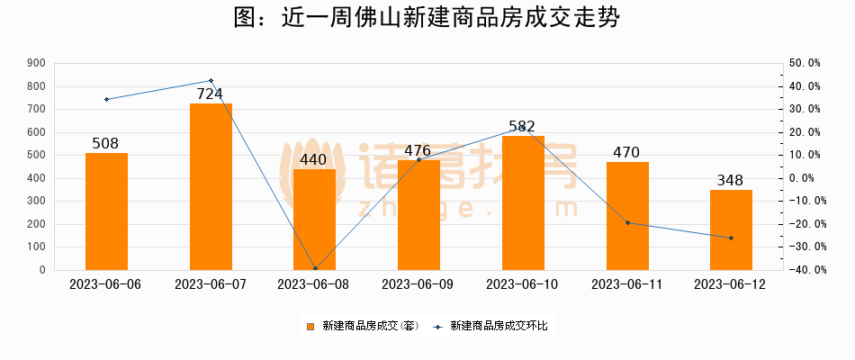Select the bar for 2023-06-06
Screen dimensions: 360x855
106,211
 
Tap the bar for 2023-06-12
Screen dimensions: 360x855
731,229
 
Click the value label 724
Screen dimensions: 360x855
210,94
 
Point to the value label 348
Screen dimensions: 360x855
731,180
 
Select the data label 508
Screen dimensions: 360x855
105,143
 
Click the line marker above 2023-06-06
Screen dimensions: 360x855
106,99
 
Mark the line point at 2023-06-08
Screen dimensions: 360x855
315,268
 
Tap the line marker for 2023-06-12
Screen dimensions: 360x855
731,238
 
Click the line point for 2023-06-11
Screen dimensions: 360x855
627,222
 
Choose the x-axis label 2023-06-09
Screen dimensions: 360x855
418,284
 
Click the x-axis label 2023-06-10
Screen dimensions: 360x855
523,284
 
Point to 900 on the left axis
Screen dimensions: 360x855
37,64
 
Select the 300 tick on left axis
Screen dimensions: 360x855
37,202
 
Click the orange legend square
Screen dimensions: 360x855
310,326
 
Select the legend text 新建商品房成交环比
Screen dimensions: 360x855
498,326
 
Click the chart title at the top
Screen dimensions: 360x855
427,19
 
